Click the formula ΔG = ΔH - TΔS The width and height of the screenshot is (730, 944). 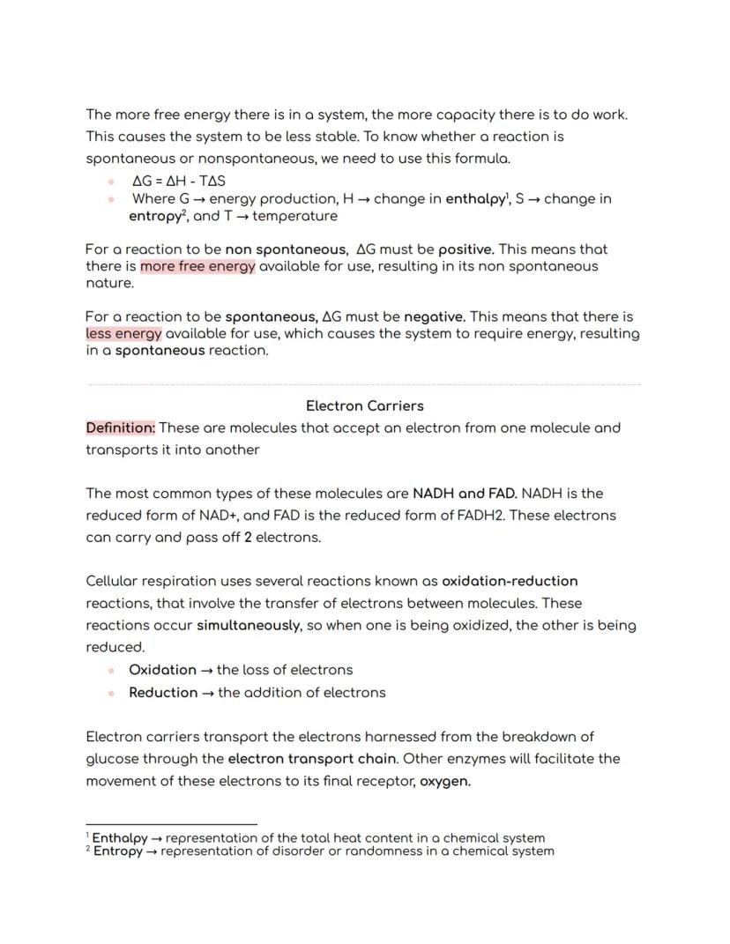pos(178,181)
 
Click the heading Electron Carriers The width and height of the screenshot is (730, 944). pos(364,405)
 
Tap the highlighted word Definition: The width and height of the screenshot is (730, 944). pos(121,427)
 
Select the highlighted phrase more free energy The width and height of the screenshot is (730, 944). pos(197,266)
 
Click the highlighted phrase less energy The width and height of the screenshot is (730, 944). pos(123,333)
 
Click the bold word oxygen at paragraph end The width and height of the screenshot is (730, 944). pos(444,781)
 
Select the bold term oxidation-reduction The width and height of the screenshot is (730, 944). pos(510,581)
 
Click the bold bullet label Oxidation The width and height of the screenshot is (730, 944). pos(162,670)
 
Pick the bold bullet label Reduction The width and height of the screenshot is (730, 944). pos(163,692)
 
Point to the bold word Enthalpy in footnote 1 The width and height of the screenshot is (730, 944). pos(120,838)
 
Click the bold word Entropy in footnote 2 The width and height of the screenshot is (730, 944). pos(118,851)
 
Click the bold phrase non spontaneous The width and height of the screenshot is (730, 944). pos(285,249)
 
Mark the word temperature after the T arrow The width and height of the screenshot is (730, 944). pos(294,216)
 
